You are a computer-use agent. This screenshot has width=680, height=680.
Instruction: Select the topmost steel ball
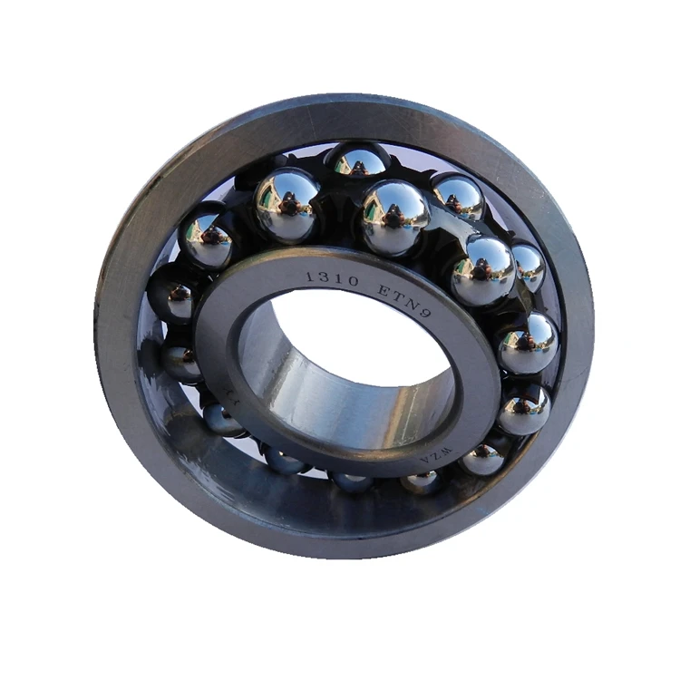[358, 161]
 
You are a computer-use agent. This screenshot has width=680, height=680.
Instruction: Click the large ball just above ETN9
[394, 216]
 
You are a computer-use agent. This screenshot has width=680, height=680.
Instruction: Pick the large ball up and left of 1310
[287, 204]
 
